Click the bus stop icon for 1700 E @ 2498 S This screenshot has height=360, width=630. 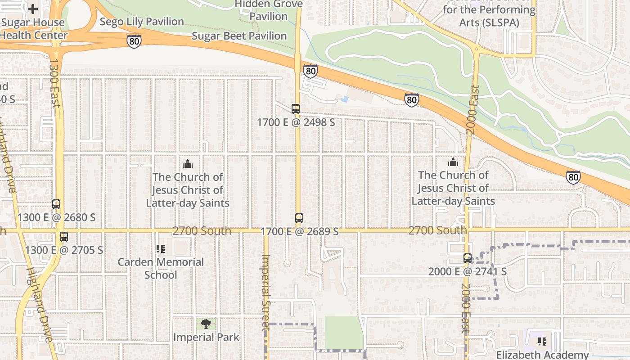tap(295, 109)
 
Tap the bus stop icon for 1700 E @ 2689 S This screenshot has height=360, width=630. tap(299, 218)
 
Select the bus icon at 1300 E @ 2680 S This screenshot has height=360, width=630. tap(56, 204)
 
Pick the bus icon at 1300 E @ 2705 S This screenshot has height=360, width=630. tap(64, 237)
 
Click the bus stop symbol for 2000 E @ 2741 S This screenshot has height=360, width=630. tap(468, 258)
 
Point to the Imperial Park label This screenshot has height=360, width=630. tap(206, 337)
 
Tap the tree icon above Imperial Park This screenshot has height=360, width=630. tap(206, 324)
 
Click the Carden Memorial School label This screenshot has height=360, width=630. tap(161, 268)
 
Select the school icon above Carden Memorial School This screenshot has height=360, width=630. tap(161, 248)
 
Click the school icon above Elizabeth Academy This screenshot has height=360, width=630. tap(542, 342)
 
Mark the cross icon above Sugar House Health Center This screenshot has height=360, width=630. tap(33, 9)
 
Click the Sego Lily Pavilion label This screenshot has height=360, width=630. tap(142, 22)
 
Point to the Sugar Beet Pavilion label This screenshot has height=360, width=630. tap(239, 36)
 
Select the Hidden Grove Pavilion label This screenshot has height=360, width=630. tap(269, 10)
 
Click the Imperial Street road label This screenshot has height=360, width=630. tap(265, 292)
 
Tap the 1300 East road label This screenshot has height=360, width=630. tap(54, 83)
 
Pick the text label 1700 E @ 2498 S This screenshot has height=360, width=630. tap(296, 122)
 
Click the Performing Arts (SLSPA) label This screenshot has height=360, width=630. tap(489, 16)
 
